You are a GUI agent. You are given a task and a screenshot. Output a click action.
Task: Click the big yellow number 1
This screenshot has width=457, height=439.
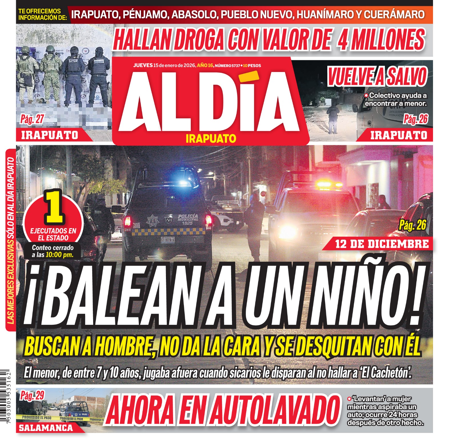[54, 207]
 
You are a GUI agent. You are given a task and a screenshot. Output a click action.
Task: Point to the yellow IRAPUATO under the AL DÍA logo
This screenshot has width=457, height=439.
[211, 139]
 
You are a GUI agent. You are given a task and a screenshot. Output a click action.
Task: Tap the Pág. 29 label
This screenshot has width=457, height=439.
[32, 396]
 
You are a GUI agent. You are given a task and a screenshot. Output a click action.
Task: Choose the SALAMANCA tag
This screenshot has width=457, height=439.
[46, 428]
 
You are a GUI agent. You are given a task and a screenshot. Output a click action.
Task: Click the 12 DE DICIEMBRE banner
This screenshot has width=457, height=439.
[382, 244]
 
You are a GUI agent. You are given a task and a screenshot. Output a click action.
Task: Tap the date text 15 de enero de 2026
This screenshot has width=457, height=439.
[174, 65]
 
